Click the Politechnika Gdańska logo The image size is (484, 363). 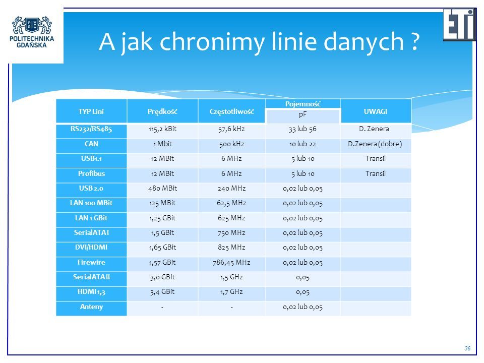pyautogui.click(x=32, y=32)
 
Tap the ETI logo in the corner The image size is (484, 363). pyautogui.click(x=460, y=24)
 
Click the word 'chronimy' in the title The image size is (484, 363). pyautogui.click(x=212, y=42)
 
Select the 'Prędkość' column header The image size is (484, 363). pyautogui.click(x=162, y=111)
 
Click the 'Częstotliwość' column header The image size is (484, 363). pyautogui.click(x=231, y=111)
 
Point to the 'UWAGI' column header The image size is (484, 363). pyautogui.click(x=375, y=111)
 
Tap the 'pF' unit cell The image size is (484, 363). pyautogui.click(x=302, y=114)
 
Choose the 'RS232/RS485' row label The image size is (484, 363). pyautogui.click(x=91, y=129)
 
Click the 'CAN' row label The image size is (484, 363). pyautogui.click(x=91, y=144)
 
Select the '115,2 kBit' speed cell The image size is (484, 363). pyautogui.click(x=162, y=129)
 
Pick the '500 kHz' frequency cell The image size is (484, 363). pyautogui.click(x=231, y=144)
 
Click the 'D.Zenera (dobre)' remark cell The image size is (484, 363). pyautogui.click(x=375, y=144)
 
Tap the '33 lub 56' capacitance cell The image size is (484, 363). pyautogui.click(x=302, y=129)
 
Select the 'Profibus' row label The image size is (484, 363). pyautogui.click(x=91, y=173)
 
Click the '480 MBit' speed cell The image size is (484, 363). pyautogui.click(x=162, y=188)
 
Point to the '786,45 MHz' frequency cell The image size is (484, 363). pyautogui.click(x=231, y=263)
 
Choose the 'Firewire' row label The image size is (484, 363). pyautogui.click(x=91, y=262)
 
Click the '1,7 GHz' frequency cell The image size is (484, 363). pyautogui.click(x=231, y=292)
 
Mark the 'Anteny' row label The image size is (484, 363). pyautogui.click(x=91, y=307)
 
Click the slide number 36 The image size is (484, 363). pyautogui.click(x=467, y=348)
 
